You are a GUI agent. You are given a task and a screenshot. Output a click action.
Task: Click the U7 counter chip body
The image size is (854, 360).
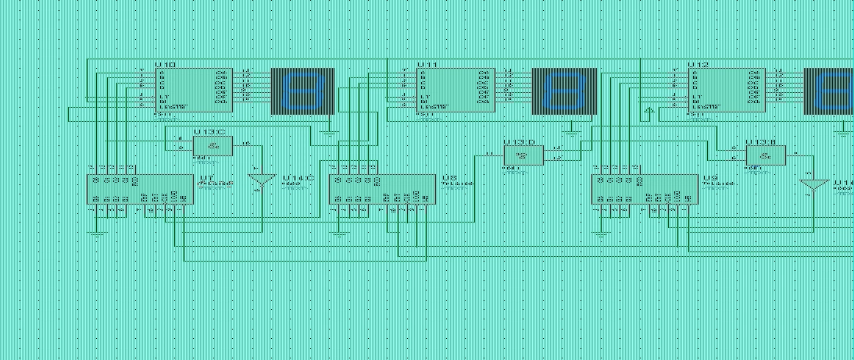(x=139, y=190)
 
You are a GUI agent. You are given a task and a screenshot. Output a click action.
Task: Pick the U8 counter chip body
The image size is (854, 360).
(x=382, y=190)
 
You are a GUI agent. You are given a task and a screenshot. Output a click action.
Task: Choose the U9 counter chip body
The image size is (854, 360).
(x=645, y=190)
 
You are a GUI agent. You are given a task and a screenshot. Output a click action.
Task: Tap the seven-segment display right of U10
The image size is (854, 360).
(x=302, y=91)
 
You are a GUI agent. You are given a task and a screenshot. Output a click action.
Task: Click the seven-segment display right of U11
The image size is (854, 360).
(x=564, y=91)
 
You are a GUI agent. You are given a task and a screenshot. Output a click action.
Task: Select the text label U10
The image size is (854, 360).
(x=165, y=64)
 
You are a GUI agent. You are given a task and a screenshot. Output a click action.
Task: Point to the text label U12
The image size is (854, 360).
(x=699, y=64)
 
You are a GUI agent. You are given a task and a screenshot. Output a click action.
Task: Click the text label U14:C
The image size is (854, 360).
(x=298, y=178)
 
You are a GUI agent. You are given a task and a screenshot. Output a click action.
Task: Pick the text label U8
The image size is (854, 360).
(x=449, y=178)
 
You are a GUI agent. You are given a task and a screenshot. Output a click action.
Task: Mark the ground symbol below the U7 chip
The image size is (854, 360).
(x=96, y=232)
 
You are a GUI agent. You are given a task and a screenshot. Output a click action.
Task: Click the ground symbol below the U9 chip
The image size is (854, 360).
(x=601, y=232)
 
